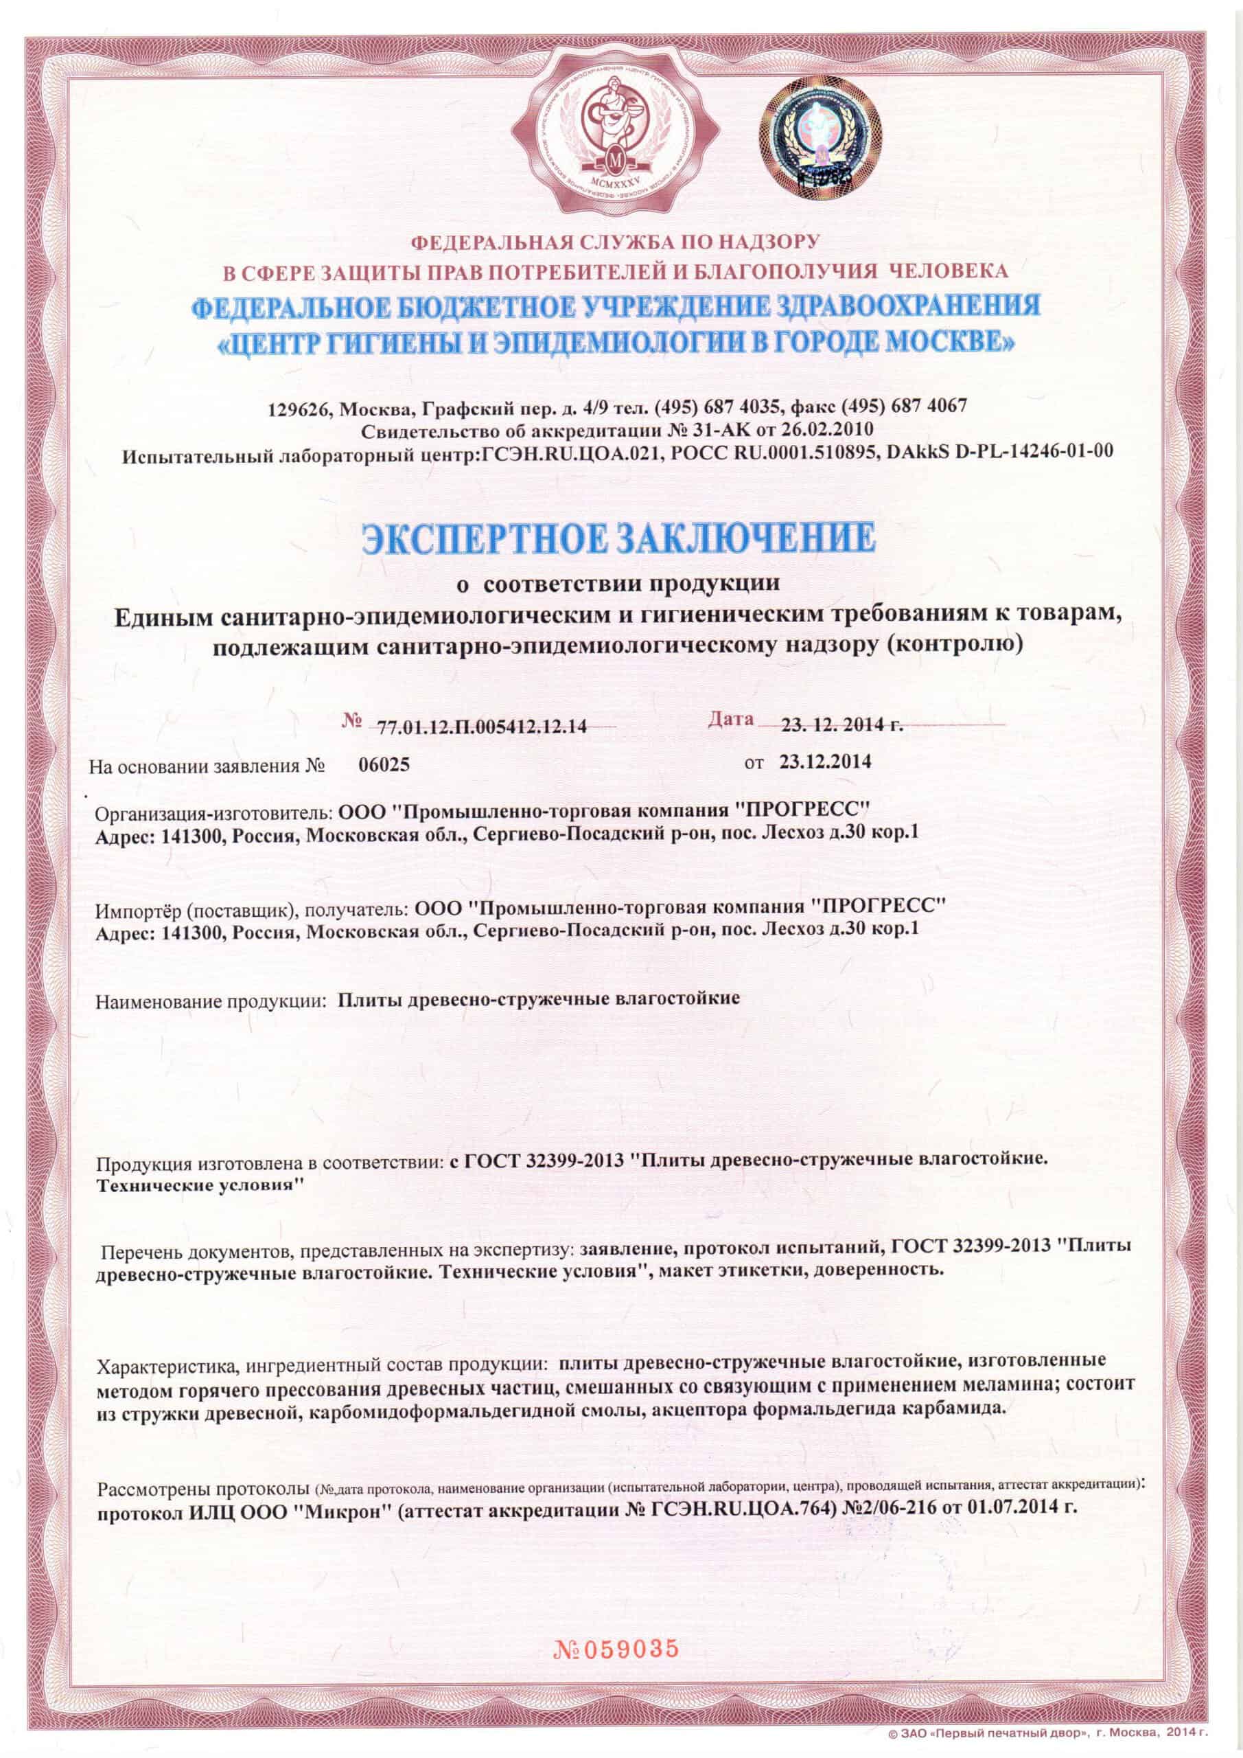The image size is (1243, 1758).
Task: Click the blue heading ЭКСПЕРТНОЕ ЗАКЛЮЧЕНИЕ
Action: point(619,538)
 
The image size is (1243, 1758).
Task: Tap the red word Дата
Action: point(731,719)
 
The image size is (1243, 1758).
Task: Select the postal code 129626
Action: point(298,407)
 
